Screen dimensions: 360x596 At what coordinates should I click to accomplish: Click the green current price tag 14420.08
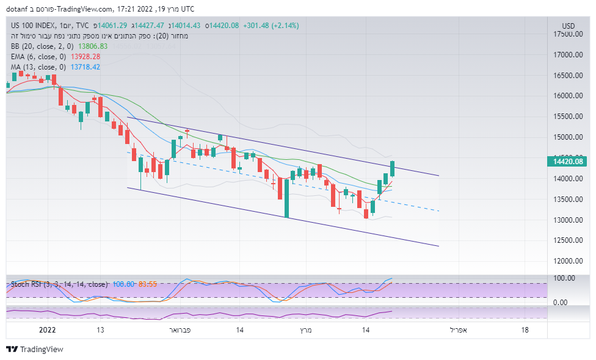click(x=568, y=162)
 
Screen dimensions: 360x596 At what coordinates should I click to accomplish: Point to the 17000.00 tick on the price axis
click(x=567, y=55)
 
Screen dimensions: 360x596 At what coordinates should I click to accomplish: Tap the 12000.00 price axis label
click(x=567, y=261)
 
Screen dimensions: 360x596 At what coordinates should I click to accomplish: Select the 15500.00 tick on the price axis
click(x=567, y=117)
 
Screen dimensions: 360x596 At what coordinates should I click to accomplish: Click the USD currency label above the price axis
click(x=568, y=26)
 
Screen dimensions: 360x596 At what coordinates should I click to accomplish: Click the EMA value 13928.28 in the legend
click(x=85, y=56)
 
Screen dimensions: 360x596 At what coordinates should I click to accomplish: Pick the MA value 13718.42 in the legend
click(x=85, y=67)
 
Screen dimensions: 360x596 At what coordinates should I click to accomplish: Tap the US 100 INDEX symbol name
click(x=35, y=25)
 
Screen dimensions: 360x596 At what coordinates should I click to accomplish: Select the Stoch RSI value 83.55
click(x=148, y=284)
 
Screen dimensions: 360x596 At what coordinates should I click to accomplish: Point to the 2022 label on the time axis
click(x=47, y=330)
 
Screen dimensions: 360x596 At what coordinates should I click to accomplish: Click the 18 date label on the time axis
click(x=525, y=330)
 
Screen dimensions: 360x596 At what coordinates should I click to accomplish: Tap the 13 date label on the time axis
click(x=100, y=330)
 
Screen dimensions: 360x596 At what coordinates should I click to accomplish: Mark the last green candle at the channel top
click(x=392, y=169)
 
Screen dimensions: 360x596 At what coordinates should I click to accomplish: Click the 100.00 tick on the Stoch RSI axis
click(x=564, y=278)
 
